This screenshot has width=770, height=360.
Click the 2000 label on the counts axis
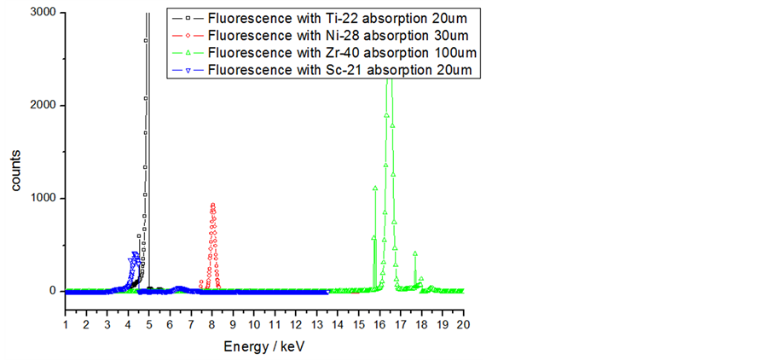[43, 106]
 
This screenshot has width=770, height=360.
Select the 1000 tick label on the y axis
[43, 198]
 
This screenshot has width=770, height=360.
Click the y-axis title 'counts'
[15, 167]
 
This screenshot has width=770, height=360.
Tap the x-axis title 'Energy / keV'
[263, 347]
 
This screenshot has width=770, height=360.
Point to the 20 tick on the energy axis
[463, 325]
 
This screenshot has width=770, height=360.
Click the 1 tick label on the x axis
[66, 325]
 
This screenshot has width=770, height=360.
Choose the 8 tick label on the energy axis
[212, 325]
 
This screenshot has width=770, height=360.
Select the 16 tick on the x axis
[379, 325]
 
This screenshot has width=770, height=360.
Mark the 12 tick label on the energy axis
[296, 325]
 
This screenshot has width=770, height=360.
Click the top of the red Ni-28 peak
[212, 204]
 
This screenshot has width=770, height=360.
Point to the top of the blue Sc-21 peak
[135, 253]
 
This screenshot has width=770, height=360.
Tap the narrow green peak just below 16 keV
[375, 188]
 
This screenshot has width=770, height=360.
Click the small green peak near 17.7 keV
[415, 253]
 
